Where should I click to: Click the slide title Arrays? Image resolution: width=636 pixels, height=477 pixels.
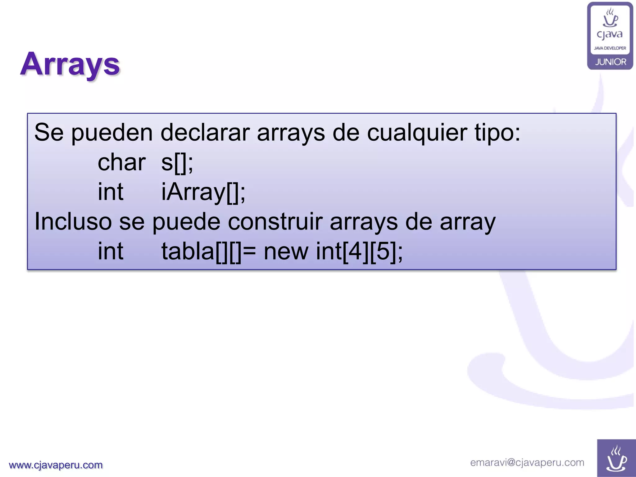70,64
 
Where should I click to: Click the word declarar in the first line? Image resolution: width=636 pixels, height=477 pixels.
205,133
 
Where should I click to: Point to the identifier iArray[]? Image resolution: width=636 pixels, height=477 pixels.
203,192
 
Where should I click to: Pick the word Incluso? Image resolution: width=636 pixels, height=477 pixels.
73,222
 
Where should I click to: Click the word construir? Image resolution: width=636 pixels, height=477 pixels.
275,222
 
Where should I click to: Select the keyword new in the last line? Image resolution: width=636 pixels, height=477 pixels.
286,251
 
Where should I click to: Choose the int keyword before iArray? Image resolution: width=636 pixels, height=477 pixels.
111,192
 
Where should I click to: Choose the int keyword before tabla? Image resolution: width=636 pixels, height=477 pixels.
111,251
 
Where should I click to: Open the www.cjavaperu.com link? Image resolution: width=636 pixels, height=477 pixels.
56,465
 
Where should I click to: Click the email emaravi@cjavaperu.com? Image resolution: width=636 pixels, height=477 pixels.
527,462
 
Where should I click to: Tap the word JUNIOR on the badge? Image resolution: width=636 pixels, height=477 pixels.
611,62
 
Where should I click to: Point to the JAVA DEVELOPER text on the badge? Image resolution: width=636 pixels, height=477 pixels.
610,48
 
